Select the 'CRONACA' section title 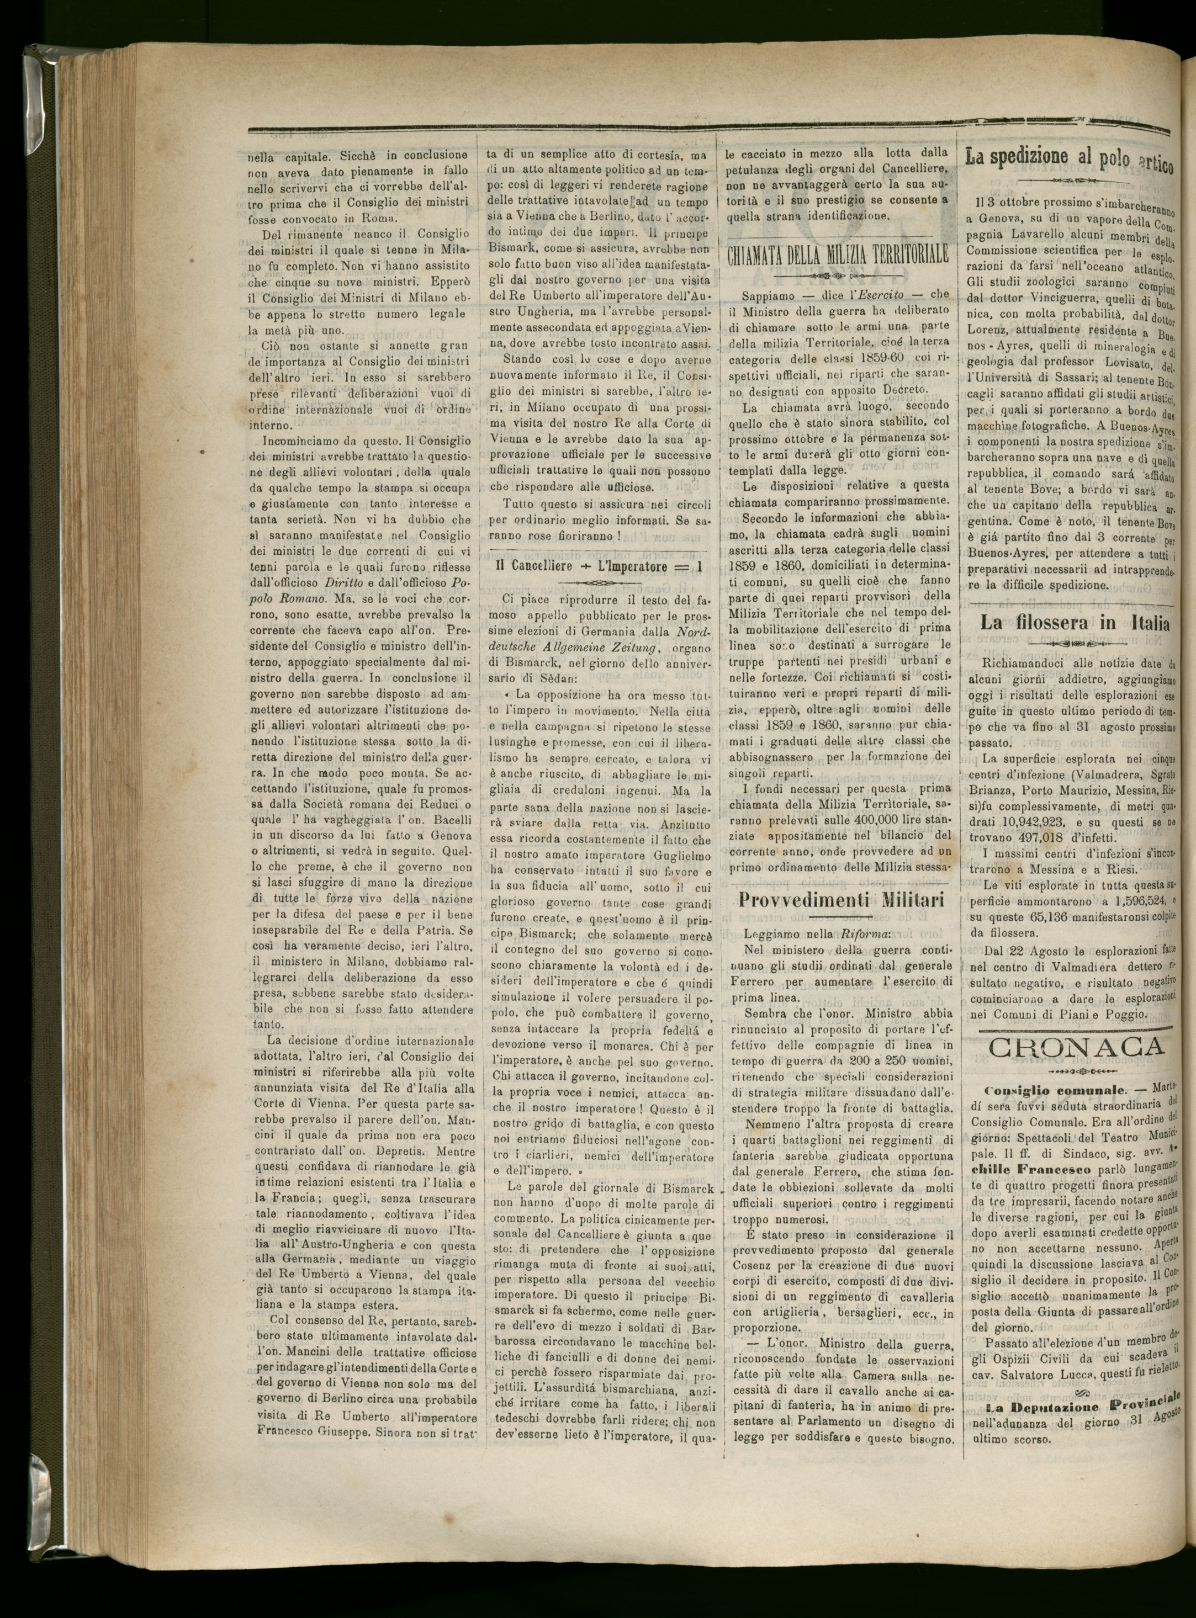coord(1078,1046)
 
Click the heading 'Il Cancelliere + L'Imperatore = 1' coord(599,566)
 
